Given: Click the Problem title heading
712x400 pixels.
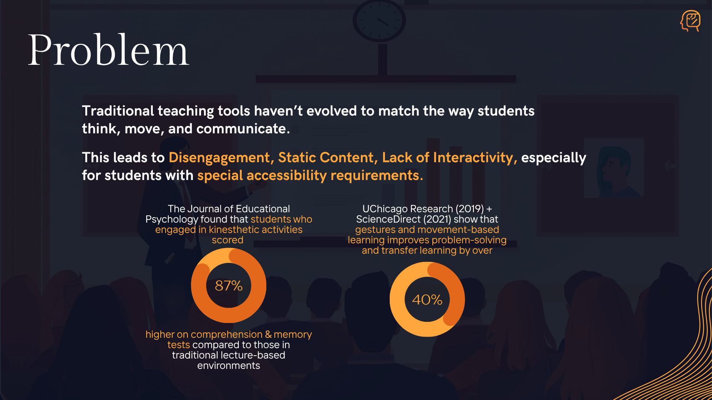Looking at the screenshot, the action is pyautogui.click(x=109, y=50).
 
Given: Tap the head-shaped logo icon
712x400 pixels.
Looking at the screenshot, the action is pyautogui.click(x=690, y=21).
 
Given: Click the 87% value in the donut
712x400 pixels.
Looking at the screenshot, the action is pyautogui.click(x=229, y=286).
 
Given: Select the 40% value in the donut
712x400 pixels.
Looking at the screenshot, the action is pyautogui.click(x=427, y=300).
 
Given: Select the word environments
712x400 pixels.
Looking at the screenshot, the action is pyautogui.click(x=229, y=366).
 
